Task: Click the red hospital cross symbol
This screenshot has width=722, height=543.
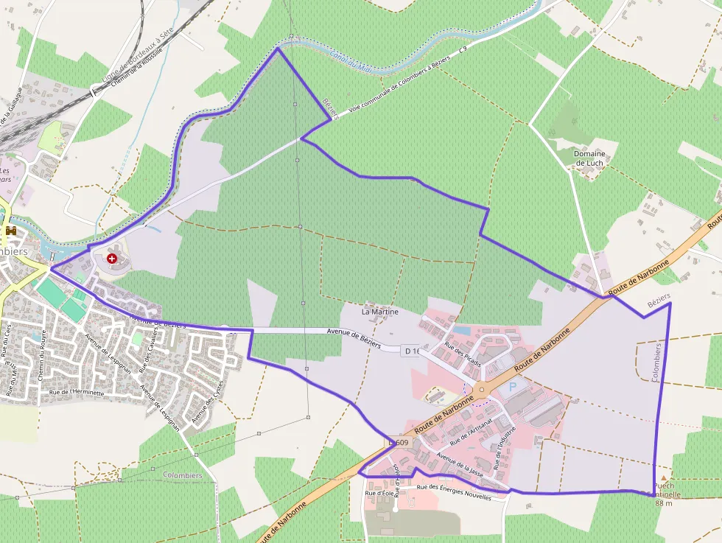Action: (x=111, y=259)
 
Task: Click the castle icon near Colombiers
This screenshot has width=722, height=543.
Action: (x=11, y=231)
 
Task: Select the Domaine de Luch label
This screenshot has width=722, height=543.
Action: (x=589, y=158)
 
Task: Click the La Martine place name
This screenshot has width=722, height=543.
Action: (x=379, y=312)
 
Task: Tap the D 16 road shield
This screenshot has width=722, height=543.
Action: (x=412, y=351)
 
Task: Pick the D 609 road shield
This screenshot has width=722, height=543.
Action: (x=398, y=442)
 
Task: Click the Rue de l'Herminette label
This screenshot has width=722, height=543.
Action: (x=76, y=393)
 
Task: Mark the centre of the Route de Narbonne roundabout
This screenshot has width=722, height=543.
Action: (x=481, y=390)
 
